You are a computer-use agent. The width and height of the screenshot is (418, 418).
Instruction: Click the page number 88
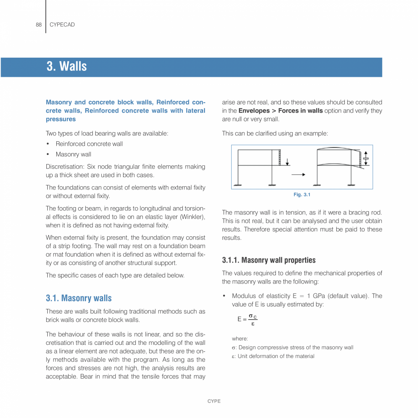39,25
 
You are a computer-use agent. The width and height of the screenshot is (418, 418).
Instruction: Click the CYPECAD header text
62,25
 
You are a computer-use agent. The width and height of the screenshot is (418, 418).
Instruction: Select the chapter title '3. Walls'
66,66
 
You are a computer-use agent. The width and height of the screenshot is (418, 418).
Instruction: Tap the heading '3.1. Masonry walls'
79,298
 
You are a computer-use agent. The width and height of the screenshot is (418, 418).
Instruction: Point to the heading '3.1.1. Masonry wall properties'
269,260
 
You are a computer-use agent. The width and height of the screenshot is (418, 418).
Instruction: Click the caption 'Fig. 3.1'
302,194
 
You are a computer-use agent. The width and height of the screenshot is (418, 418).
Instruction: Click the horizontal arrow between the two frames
298,174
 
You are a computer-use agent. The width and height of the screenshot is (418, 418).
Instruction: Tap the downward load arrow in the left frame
287,161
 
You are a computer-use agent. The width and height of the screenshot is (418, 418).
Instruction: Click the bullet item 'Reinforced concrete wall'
89,144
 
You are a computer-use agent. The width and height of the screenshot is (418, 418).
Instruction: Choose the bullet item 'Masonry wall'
73,154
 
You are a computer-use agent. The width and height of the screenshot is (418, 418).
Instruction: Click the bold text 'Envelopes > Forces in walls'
280,111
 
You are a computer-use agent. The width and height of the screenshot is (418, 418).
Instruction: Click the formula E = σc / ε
247,319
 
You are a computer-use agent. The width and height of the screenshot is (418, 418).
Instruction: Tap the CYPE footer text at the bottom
214,401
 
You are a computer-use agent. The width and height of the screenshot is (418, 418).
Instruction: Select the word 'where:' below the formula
240,338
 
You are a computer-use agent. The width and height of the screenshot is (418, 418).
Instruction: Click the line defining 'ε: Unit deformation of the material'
273,356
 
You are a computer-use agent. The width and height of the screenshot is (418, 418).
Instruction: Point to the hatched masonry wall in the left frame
280,157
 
